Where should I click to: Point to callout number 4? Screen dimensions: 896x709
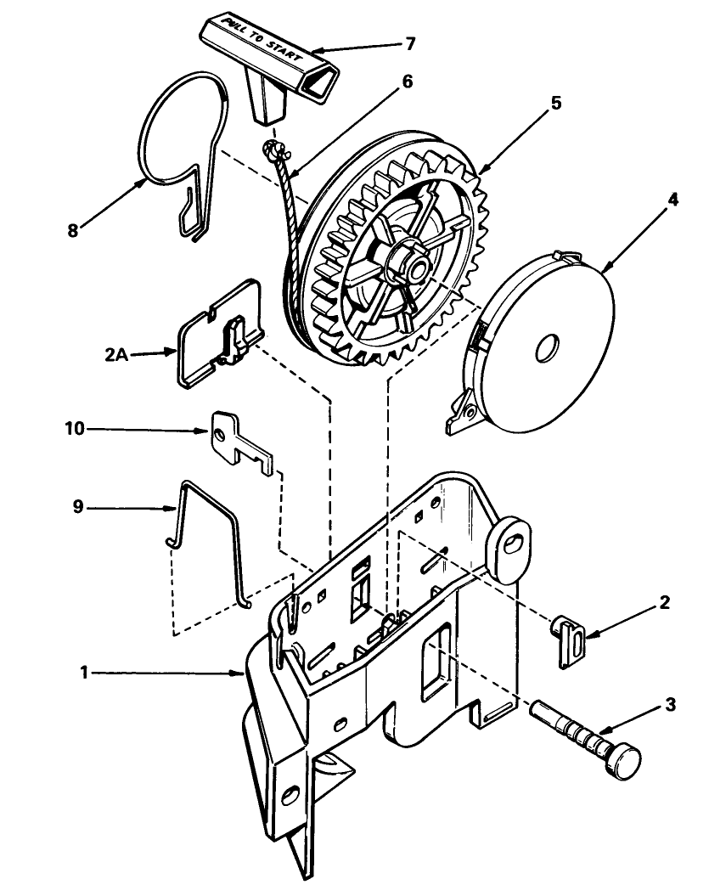coord(672,200)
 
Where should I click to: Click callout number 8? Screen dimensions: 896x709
coord(74,230)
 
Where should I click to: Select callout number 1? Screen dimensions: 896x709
coord(84,673)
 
